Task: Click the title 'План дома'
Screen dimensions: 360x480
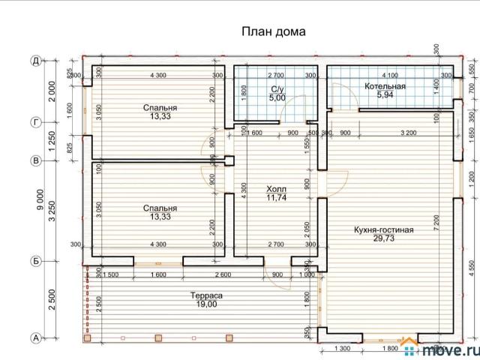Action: pyautogui.click(x=273, y=31)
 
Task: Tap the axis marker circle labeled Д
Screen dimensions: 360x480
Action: pyautogui.click(x=35, y=61)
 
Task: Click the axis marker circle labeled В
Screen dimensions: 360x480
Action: pyautogui.click(x=35, y=160)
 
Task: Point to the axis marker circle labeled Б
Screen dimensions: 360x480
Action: pyautogui.click(x=35, y=261)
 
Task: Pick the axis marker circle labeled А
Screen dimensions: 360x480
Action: pyautogui.click(x=35, y=338)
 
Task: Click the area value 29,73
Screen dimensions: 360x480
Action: pyautogui.click(x=384, y=239)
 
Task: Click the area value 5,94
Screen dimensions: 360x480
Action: pyautogui.click(x=385, y=96)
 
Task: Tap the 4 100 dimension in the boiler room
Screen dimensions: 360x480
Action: pyautogui.click(x=390, y=76)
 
